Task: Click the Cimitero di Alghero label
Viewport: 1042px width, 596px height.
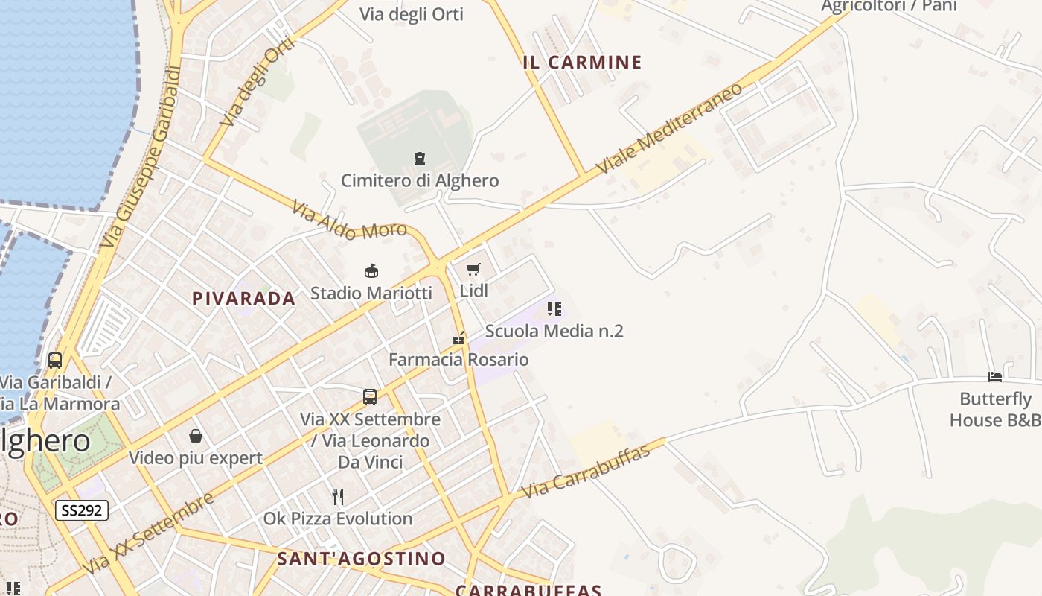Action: pyautogui.click(x=420, y=180)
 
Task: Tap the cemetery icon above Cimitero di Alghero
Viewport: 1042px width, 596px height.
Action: pyautogui.click(x=420, y=158)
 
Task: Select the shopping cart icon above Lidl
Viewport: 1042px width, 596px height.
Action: pyautogui.click(x=473, y=269)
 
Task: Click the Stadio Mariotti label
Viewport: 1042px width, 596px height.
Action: pyautogui.click(x=371, y=293)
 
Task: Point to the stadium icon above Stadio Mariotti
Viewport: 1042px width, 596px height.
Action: pyautogui.click(x=371, y=270)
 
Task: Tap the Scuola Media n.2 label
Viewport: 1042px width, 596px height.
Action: pyautogui.click(x=554, y=331)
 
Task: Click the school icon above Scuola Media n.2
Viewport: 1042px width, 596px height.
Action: pyautogui.click(x=554, y=308)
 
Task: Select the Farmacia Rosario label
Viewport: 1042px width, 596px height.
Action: pyautogui.click(x=458, y=360)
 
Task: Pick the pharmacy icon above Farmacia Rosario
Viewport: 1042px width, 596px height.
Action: pyautogui.click(x=458, y=338)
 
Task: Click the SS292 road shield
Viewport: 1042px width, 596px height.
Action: pyautogui.click(x=82, y=510)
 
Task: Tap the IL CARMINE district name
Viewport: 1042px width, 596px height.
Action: pyautogui.click(x=582, y=63)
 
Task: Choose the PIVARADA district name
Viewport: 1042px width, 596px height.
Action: pyautogui.click(x=243, y=299)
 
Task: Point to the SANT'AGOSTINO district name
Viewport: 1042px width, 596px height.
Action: pyautogui.click(x=361, y=559)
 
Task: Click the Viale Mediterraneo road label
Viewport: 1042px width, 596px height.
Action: pyautogui.click(x=669, y=128)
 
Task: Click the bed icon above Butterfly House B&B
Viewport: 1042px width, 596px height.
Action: pyautogui.click(x=995, y=376)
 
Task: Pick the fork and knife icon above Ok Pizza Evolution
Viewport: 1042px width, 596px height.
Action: pyautogui.click(x=338, y=496)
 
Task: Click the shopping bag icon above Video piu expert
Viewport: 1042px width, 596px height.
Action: pyautogui.click(x=196, y=435)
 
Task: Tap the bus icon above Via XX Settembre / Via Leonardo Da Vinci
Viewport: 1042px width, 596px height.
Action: pyautogui.click(x=370, y=397)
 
